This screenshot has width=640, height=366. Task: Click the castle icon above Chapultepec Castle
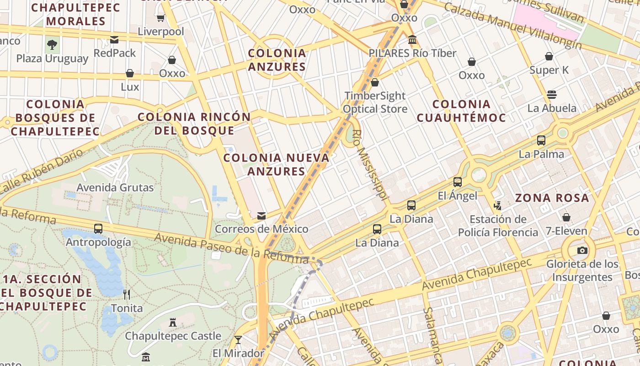click(173, 323)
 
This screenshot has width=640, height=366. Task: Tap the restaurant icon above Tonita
click(127, 294)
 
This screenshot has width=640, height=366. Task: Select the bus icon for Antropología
click(98, 228)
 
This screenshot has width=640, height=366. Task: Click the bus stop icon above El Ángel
click(458, 182)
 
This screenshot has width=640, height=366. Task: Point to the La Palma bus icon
click(541, 140)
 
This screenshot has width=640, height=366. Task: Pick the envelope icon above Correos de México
click(261, 215)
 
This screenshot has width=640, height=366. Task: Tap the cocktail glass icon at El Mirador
click(238, 339)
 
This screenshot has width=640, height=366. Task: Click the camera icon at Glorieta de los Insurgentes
click(582, 250)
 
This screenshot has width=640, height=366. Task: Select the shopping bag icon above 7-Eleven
click(566, 217)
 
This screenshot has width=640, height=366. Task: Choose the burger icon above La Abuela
click(552, 95)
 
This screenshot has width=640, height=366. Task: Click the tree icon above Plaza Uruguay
click(52, 45)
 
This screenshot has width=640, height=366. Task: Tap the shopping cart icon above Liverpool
click(161, 18)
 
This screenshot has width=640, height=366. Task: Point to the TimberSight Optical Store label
click(375, 102)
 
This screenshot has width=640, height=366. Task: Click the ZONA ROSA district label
click(552, 198)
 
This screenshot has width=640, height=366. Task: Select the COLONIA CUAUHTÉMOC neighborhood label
click(461, 111)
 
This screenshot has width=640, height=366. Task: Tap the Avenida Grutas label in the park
click(115, 187)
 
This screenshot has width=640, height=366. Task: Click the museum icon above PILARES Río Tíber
click(412, 40)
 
